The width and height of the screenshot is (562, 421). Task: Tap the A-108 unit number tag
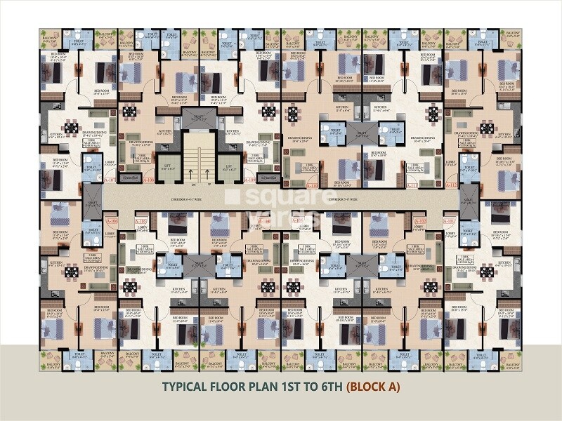click(x=148, y=179)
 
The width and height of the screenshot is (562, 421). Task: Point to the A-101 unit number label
click(x=450, y=221)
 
